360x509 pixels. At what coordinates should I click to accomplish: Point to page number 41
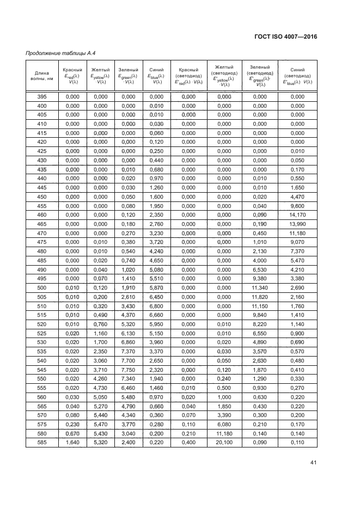click(x=313, y=463)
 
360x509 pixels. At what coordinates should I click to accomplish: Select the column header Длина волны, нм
click(x=41, y=76)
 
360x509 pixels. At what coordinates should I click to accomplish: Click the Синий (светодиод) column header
click(x=297, y=76)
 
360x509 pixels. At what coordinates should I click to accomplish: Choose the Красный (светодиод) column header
click(x=188, y=76)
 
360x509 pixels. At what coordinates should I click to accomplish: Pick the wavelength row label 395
click(x=41, y=96)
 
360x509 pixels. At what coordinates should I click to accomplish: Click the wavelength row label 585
click(x=41, y=442)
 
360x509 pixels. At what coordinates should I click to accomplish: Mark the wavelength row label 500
click(x=41, y=287)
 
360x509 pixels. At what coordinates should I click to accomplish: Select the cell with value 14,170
click(x=297, y=214)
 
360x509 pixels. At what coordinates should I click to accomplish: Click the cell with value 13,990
click(x=297, y=224)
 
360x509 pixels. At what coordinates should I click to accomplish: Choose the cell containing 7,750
click(x=127, y=369)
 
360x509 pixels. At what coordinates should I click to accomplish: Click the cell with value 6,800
click(x=156, y=306)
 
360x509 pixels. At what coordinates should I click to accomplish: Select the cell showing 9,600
click(x=297, y=206)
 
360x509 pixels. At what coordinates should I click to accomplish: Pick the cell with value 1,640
click(x=72, y=442)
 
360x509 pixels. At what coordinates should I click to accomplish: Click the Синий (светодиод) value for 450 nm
click(x=297, y=197)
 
